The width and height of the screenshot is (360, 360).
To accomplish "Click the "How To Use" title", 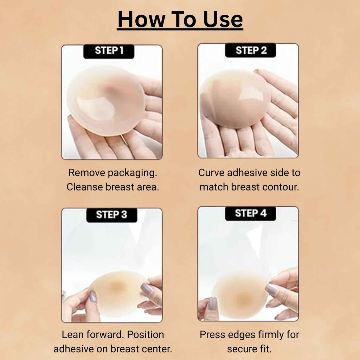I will (x=180, y=20).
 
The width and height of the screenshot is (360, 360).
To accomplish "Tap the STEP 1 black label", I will (x=109, y=51).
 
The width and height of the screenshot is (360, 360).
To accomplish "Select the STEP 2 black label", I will (x=250, y=51).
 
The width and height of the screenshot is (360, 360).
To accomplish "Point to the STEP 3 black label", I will (x=111, y=215).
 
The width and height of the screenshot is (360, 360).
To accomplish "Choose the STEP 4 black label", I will (x=250, y=213).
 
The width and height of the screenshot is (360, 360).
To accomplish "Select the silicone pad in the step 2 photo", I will (x=234, y=99).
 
